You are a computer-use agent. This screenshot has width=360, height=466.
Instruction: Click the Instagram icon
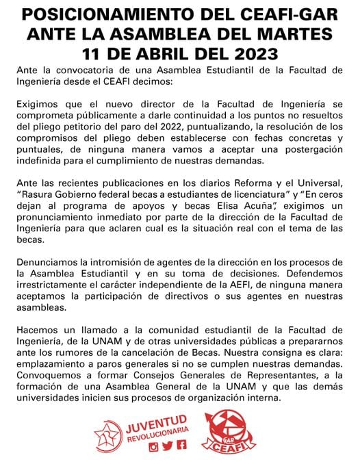pos(154,446)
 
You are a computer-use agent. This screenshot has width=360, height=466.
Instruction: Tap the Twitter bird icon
pos(168,446)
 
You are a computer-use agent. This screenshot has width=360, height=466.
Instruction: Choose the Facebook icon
pos(181,446)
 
